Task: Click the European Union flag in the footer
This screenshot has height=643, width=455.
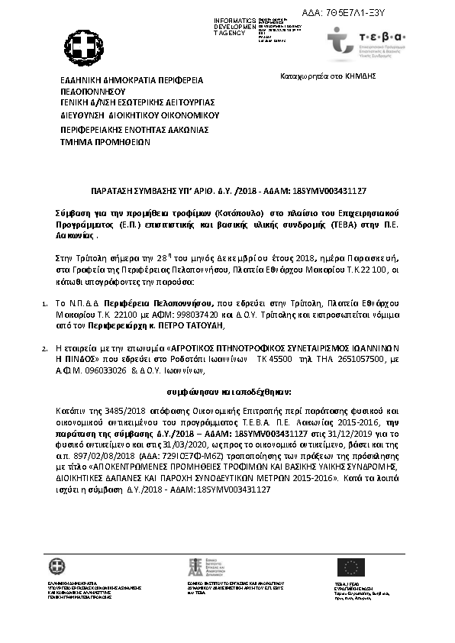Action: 351,567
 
